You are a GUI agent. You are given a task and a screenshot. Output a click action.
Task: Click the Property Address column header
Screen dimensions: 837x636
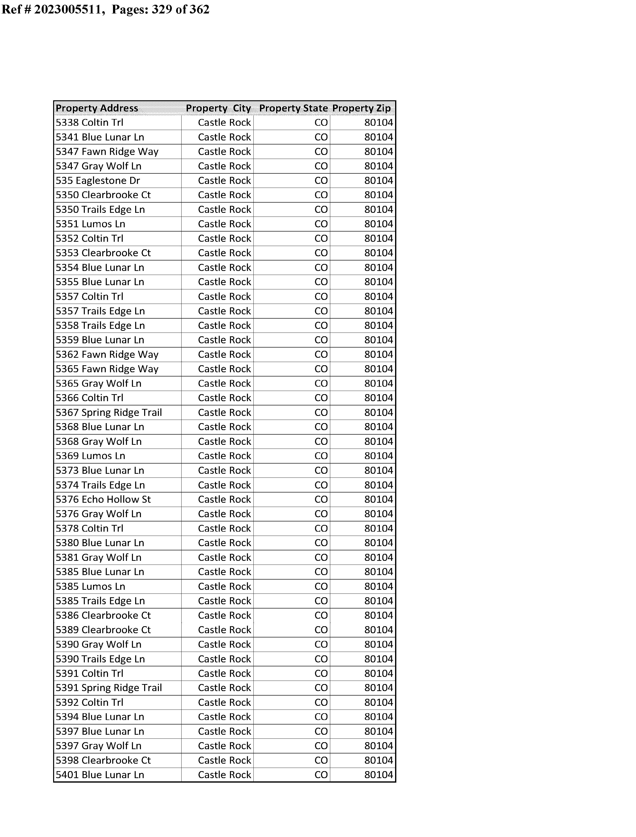[97, 108]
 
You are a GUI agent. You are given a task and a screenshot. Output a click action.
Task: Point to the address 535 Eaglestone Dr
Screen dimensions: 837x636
[98, 181]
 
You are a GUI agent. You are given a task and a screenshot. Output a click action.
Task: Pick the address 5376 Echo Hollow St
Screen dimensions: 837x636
[103, 499]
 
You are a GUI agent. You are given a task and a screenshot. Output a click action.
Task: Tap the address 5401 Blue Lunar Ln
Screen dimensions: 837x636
[100, 775]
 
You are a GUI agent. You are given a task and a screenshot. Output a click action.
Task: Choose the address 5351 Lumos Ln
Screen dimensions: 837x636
[91, 224]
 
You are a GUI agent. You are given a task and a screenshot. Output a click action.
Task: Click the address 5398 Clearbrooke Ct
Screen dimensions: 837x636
[103, 760]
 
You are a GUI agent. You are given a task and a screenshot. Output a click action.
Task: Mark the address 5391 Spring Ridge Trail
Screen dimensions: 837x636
[109, 688]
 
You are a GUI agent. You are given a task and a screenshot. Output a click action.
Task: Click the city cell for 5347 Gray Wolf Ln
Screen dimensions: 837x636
[224, 166]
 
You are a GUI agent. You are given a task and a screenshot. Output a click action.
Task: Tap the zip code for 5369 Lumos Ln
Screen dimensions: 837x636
[379, 456]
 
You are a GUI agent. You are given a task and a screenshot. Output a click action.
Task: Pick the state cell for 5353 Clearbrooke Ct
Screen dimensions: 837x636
[321, 253]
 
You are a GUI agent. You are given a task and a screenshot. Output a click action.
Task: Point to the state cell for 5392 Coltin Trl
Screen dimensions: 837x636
[321, 702]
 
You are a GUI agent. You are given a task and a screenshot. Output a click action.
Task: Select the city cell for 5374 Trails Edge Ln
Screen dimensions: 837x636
[224, 485]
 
